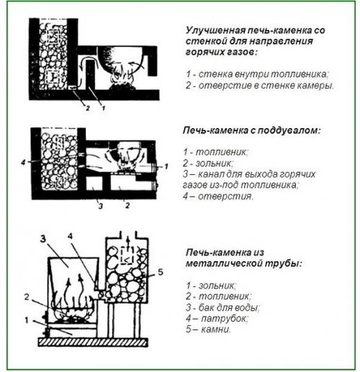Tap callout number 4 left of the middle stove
click(24, 163)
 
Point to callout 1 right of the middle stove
click(167, 166)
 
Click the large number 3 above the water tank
click(42, 240)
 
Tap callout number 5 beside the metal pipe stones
click(161, 273)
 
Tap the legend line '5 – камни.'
click(209, 329)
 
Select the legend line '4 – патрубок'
click(216, 317)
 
